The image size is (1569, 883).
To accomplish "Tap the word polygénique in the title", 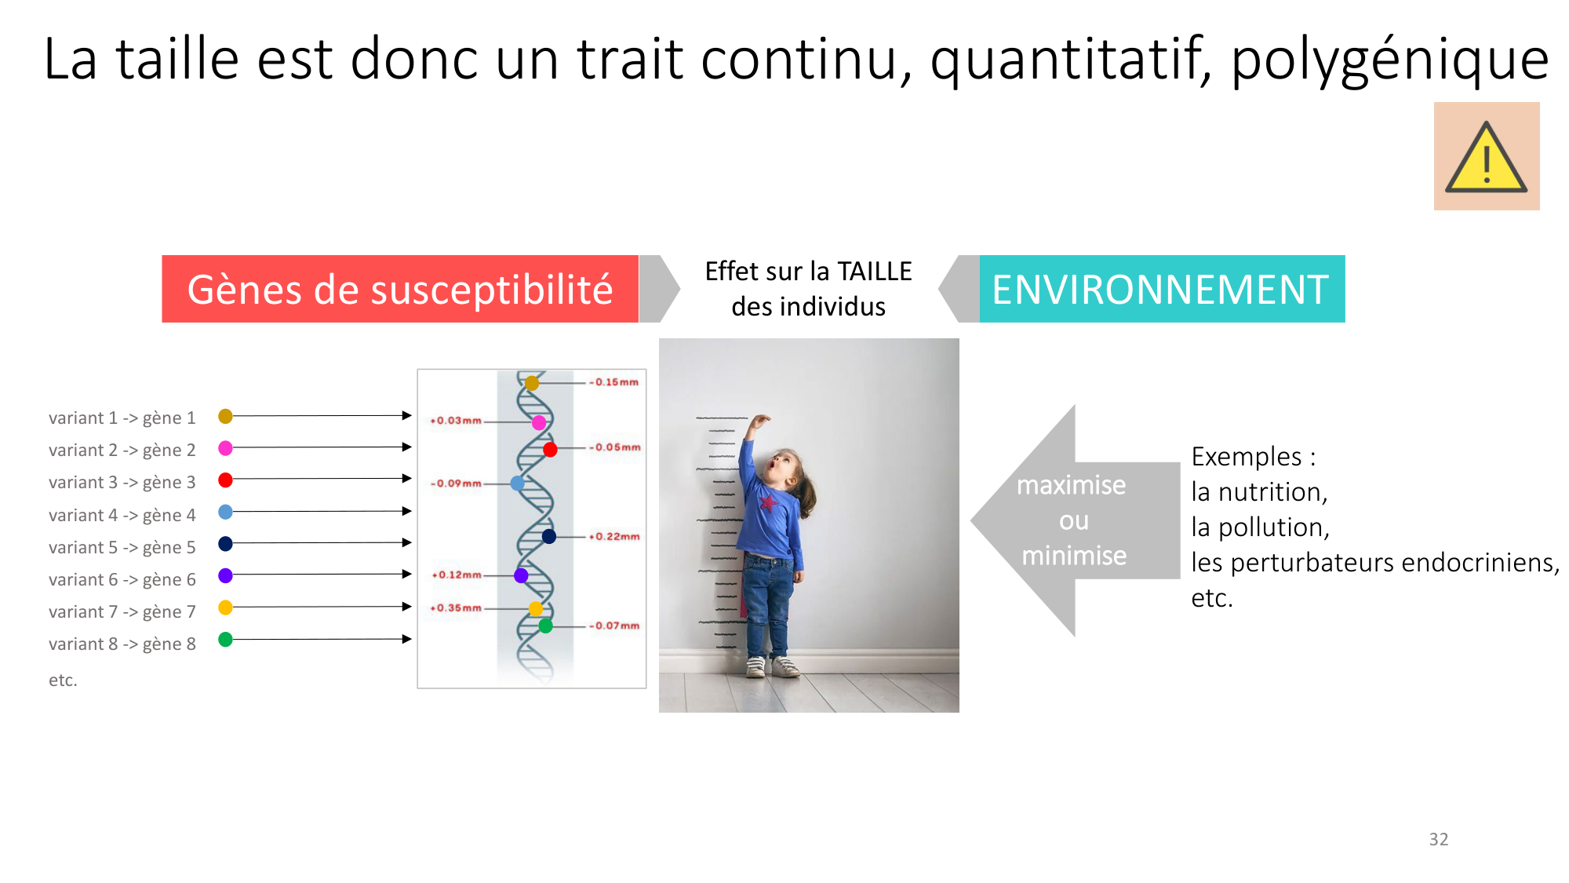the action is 1389,60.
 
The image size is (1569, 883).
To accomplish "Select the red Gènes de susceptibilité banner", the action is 400,289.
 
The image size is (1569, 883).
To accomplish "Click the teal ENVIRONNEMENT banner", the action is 1162,289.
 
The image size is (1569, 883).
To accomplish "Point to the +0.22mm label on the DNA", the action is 615,537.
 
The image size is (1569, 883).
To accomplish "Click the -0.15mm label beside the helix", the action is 614,382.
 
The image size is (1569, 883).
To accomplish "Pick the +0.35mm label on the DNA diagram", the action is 456,608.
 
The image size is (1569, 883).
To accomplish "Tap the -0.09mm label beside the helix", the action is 456,483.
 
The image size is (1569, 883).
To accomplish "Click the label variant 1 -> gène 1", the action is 122,418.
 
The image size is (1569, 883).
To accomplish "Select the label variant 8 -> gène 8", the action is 122,644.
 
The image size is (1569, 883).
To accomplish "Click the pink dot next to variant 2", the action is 225,448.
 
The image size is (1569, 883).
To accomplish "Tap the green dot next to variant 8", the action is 225,640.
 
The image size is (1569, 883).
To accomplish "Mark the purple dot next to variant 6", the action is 225,575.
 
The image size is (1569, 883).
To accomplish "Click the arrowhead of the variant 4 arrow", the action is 407,511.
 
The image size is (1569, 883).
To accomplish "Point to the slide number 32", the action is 1439,839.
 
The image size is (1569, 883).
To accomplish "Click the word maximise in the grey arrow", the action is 1071,485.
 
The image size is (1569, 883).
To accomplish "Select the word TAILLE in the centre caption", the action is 875,272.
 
